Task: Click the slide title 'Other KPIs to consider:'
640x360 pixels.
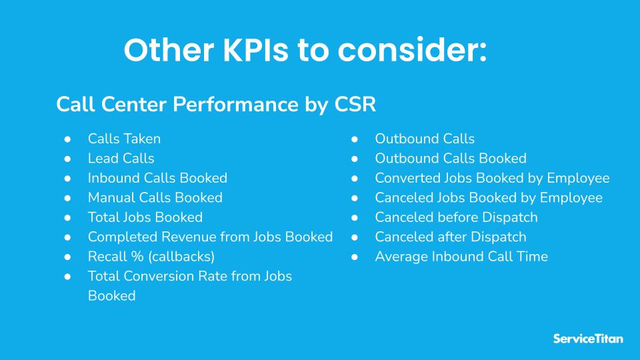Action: pos(305,51)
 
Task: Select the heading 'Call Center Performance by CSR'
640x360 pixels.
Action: pos(216,105)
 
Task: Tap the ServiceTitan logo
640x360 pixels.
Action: pos(588,338)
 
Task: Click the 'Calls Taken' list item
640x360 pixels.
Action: pos(124,139)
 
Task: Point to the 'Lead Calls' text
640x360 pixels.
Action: pos(121,159)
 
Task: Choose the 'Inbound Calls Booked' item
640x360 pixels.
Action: pos(157,178)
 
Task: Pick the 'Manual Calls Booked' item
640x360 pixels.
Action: pos(155,198)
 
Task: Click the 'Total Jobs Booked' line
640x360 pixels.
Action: pos(145,217)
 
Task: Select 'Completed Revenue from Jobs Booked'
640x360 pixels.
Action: pos(210,237)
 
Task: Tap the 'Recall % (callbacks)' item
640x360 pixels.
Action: pos(151,257)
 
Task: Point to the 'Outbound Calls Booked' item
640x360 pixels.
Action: pos(451,159)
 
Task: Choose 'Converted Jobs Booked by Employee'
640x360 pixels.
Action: pos(492,178)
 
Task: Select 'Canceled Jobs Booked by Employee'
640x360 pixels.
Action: pos(489,198)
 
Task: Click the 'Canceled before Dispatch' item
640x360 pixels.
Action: pos(456,217)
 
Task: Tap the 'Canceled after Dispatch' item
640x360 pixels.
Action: pos(451,237)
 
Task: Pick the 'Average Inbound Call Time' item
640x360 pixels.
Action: pos(461,257)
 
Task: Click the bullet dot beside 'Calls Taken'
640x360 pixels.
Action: pos(67,139)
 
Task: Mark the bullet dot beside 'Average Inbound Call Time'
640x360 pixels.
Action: pos(355,257)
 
